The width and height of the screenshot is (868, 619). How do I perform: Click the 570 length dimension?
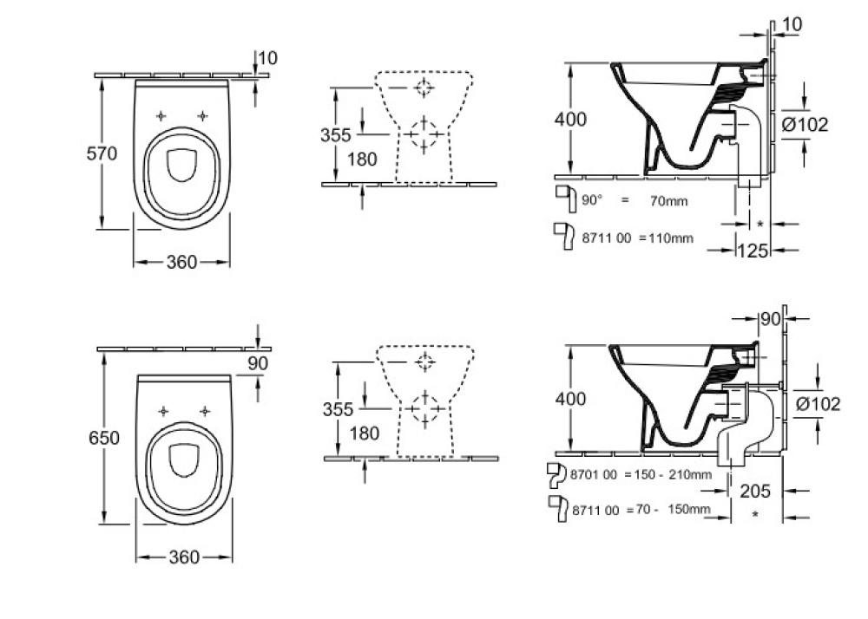click(x=102, y=153)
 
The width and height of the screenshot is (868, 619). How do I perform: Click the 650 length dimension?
click(x=104, y=438)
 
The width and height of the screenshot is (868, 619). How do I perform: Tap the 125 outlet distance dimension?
click(x=753, y=251)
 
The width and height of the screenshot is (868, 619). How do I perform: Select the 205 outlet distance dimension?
click(x=755, y=491)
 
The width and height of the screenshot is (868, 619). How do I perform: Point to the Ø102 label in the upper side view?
click(x=805, y=125)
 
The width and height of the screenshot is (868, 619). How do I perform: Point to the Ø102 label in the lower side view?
click(x=819, y=404)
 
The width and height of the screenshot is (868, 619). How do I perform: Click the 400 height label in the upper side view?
click(x=570, y=120)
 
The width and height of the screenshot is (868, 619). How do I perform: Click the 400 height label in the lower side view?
click(x=570, y=399)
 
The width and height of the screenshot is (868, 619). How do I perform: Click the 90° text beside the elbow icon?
click(x=592, y=200)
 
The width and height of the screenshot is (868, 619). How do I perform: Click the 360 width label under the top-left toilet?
click(x=181, y=262)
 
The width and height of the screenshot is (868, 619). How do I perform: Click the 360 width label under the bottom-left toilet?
click(x=184, y=557)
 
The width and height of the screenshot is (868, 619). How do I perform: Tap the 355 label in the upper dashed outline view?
click(x=335, y=135)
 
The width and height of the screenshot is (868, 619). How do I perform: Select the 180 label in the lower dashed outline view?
click(x=365, y=433)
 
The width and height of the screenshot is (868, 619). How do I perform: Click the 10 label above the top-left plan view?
click(x=268, y=58)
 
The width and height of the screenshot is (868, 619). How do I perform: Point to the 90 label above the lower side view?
click(x=770, y=319)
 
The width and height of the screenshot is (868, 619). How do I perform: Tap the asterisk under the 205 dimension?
click(x=755, y=515)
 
